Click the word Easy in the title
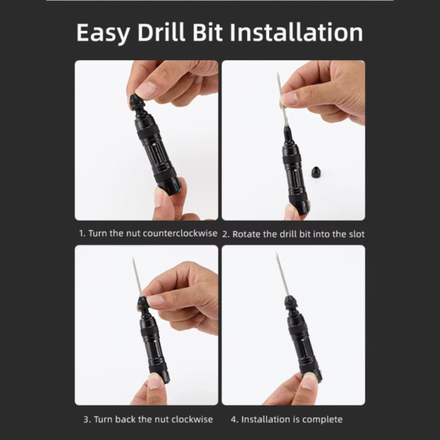click(x=103, y=33)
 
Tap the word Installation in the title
click(x=296, y=32)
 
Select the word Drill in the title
click(x=161, y=32)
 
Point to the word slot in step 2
click(x=356, y=234)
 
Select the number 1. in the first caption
click(x=82, y=233)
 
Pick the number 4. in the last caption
click(x=235, y=419)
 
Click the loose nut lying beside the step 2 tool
click(x=316, y=172)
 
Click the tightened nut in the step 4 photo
click(x=290, y=302)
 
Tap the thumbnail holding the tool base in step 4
click(x=309, y=382)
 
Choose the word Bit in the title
click(x=208, y=32)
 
